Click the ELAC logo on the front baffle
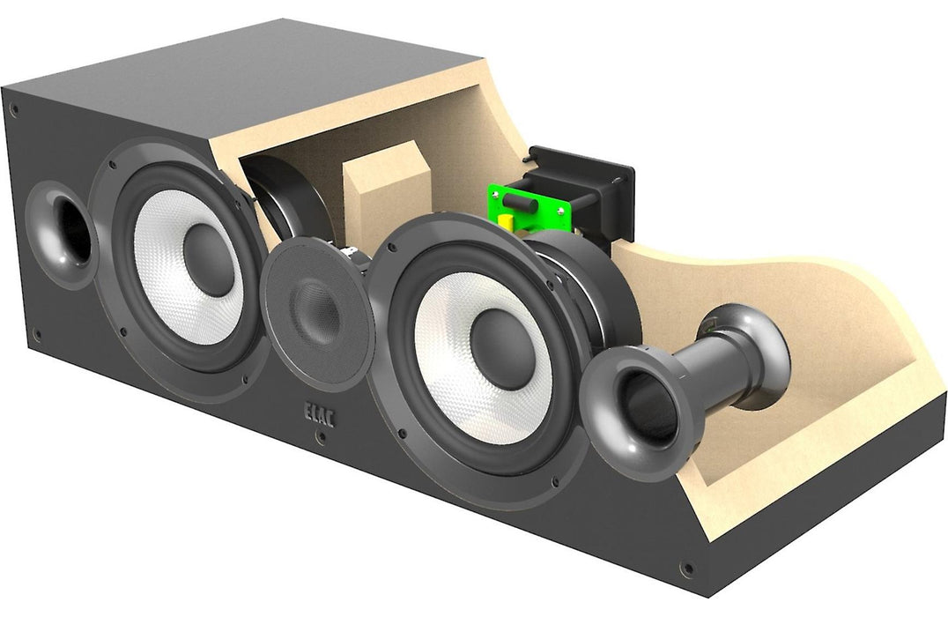point(319,414)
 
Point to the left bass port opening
point(72,232)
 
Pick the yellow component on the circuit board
point(507,220)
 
